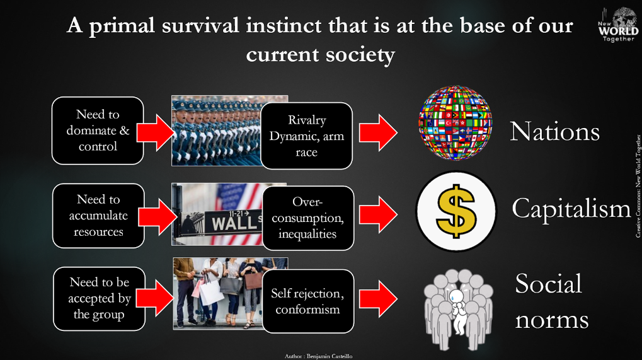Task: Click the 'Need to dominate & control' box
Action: pos(98,131)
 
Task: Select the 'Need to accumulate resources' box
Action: pos(99,216)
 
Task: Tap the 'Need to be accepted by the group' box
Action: pos(100,299)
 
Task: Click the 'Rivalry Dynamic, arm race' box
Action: pos(307,136)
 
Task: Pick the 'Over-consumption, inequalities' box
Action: pos(308,218)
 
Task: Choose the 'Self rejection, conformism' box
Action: pos(308,301)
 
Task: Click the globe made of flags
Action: pos(456,122)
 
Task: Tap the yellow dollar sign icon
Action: pos(456,211)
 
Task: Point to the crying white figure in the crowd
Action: pos(457,311)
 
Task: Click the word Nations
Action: pos(555,132)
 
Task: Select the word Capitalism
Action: pos(571,209)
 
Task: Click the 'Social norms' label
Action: pos(552,301)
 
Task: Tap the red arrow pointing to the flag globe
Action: pos(378,132)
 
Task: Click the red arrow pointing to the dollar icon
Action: pos(378,214)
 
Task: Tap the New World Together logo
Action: pos(618,24)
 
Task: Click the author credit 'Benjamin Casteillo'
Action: pos(330,356)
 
